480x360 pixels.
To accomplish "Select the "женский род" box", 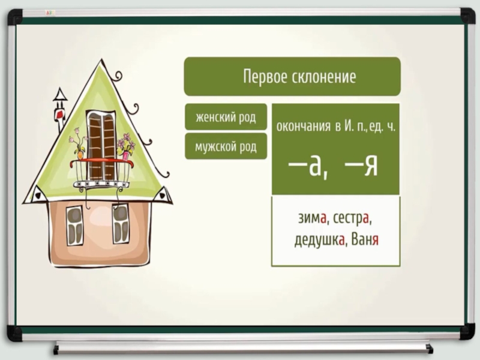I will [x=225, y=117].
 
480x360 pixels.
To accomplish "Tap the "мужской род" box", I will [x=225, y=146].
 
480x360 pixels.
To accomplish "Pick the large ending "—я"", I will [x=362, y=166].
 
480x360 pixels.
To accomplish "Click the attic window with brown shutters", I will [x=101, y=144].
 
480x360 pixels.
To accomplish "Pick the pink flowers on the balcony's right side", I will [x=126, y=144].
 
